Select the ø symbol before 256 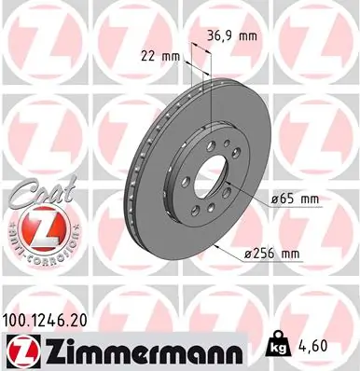pos(247,253)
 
